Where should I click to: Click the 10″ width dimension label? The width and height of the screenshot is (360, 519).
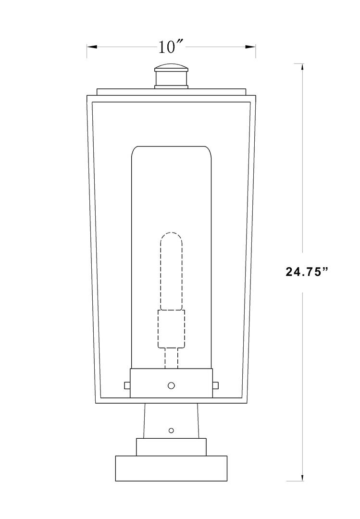click(171, 47)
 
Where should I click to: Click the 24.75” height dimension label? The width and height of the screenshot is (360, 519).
click(307, 272)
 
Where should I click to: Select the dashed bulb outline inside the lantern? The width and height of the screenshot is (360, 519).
click(172, 272)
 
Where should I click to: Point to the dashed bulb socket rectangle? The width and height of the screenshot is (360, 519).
click(172, 328)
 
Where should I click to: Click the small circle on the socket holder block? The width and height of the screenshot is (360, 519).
click(172, 385)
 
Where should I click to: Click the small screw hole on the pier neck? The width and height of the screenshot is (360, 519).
click(172, 430)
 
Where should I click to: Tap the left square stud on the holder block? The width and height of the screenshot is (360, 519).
click(127, 385)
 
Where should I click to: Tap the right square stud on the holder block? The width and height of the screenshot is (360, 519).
click(215, 385)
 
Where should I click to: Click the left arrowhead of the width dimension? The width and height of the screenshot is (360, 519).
click(91, 47)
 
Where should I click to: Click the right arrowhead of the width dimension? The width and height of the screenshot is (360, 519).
click(251, 47)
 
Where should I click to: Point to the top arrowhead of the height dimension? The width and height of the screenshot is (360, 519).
click(302, 68)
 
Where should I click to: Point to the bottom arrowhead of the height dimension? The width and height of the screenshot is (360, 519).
click(302, 477)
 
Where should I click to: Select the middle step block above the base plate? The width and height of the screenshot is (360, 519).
click(171, 447)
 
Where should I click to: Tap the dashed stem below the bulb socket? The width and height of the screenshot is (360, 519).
click(172, 358)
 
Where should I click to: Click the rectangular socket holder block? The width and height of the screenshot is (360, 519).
click(149, 383)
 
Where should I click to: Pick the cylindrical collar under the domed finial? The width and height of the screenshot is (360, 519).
click(171, 79)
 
